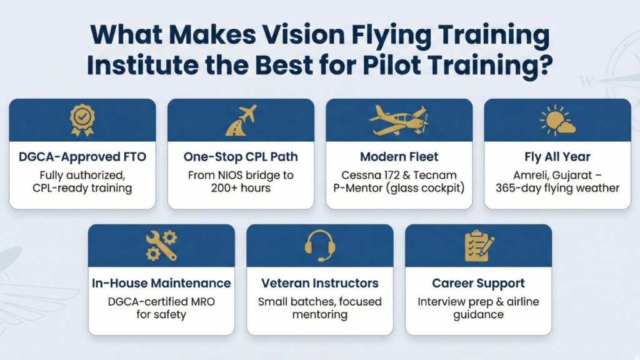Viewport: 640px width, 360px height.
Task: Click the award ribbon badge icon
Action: pyautogui.click(x=82, y=119)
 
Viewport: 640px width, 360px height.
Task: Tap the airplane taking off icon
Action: pyautogui.click(x=241, y=120)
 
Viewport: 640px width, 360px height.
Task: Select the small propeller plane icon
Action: pyautogui.click(x=399, y=119)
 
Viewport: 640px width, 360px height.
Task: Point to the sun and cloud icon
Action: pyautogui.click(x=557, y=120)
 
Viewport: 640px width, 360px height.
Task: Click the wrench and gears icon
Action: pyautogui.click(x=161, y=245)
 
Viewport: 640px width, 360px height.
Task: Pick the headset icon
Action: pyautogui.click(x=320, y=245)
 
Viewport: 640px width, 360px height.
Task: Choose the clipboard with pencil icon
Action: pyautogui.click(x=479, y=246)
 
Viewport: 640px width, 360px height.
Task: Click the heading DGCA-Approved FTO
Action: pyautogui.click(x=82, y=157)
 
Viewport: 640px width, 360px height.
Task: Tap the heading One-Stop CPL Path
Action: pyautogui.click(x=241, y=157)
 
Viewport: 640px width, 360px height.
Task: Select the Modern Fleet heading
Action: pyautogui.click(x=399, y=157)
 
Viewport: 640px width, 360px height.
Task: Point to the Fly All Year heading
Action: pyautogui.click(x=557, y=157)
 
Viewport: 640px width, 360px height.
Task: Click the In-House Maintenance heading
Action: pyautogui.click(x=161, y=283)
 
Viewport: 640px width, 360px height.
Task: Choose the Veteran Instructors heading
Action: pyautogui.click(x=320, y=283)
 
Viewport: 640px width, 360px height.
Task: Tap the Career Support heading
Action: pyautogui.click(x=479, y=283)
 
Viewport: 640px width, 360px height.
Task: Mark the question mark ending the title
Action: pyautogui.click(x=546, y=64)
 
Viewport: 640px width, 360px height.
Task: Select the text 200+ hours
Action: pyautogui.click(x=241, y=188)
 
